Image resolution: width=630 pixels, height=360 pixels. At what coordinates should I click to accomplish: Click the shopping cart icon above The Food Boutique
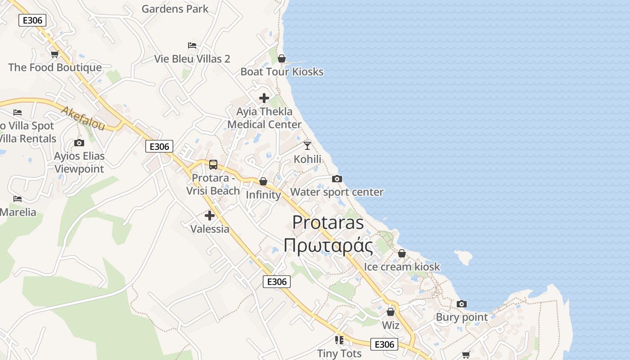(54, 54)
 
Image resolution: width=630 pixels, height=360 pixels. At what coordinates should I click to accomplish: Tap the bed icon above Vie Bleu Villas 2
(192, 45)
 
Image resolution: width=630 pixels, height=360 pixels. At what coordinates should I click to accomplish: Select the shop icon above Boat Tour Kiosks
(282, 58)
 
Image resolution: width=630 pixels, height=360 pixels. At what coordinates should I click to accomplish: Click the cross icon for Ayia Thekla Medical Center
(264, 98)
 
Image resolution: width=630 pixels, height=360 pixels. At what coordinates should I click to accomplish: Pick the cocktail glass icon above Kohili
(307, 145)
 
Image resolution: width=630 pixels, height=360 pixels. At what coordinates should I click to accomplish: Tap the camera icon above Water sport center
(337, 179)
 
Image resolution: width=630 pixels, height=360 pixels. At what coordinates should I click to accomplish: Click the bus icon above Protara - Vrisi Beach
(213, 165)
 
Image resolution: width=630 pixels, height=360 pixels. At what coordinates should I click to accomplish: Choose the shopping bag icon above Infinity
(263, 181)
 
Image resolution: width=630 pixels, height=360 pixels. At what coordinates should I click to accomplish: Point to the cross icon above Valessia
(210, 216)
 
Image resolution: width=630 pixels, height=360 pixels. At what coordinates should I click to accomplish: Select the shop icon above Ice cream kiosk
(402, 253)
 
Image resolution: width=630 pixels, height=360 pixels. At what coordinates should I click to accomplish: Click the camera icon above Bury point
(462, 304)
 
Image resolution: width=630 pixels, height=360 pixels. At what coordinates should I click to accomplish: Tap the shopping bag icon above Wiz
(391, 311)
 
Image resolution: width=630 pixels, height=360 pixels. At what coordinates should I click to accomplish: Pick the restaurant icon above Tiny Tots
(339, 340)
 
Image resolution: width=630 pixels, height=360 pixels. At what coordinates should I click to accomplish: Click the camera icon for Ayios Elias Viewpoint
(79, 143)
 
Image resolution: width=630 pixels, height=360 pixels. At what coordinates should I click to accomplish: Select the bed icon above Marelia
(18, 198)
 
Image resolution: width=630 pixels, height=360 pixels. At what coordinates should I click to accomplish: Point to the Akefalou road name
(83, 118)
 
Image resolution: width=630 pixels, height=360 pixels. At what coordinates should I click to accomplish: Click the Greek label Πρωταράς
(328, 246)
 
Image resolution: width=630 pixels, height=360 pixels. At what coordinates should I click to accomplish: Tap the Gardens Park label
(175, 9)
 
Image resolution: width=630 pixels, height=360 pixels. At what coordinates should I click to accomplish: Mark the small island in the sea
(463, 257)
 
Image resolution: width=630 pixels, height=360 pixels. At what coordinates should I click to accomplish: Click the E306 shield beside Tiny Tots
(384, 344)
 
